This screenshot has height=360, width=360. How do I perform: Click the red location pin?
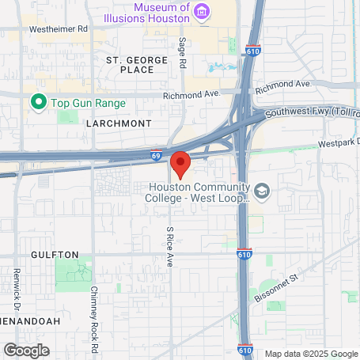(180, 164)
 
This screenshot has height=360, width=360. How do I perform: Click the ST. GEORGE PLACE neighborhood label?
(137, 65)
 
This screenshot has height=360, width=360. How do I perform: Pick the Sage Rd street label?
(182, 53)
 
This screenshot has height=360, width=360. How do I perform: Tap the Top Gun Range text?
(83, 101)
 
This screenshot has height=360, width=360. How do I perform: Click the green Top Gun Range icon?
(36, 101)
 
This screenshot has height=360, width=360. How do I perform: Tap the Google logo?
(26, 350)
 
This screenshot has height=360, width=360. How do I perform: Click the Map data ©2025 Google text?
(311, 354)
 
